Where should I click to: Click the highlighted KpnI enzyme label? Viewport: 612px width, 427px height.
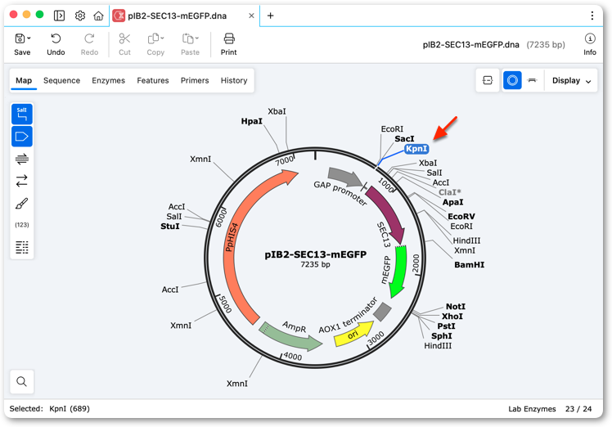click(416, 149)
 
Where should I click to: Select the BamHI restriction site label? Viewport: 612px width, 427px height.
click(469, 265)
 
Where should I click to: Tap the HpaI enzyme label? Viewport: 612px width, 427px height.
click(252, 121)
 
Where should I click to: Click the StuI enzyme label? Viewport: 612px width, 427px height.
click(170, 227)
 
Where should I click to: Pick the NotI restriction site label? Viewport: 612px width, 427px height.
click(456, 307)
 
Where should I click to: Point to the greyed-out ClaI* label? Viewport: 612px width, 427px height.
click(450, 192)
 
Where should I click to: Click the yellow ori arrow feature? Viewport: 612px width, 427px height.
click(353, 334)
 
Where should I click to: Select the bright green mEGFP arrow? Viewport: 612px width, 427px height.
click(399, 271)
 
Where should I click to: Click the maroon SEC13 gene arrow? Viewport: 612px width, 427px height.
click(386, 213)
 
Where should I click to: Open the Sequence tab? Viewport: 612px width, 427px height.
click(61, 80)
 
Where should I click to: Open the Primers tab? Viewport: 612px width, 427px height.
click(195, 80)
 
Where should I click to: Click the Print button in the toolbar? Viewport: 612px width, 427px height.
click(229, 44)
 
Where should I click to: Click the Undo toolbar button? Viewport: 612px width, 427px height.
click(56, 44)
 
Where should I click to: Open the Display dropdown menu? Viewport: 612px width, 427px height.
click(571, 80)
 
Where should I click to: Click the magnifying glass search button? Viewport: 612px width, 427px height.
click(22, 381)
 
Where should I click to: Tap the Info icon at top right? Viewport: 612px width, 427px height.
click(590, 44)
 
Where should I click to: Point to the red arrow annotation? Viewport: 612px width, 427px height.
click(445, 128)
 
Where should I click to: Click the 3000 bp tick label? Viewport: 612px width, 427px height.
click(376, 338)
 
